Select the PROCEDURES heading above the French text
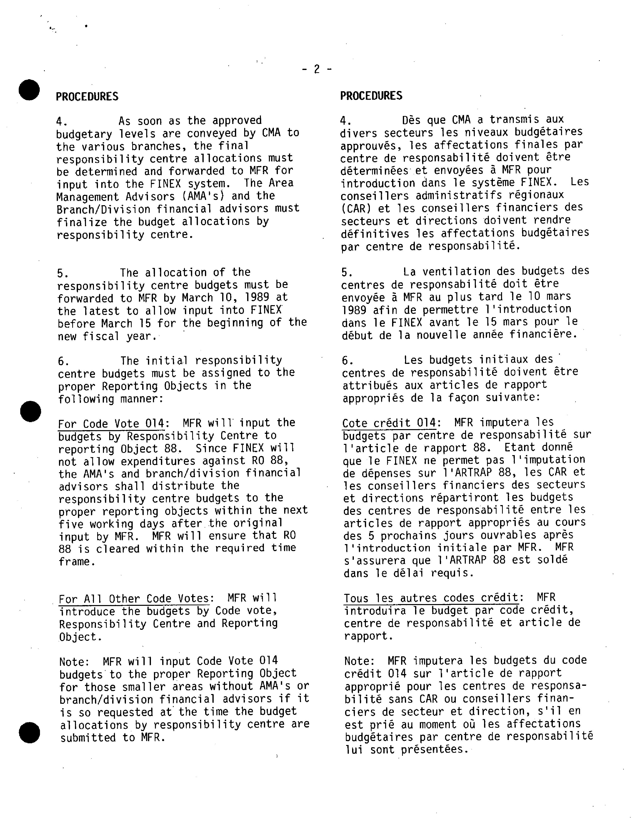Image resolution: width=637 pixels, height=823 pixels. (x=371, y=96)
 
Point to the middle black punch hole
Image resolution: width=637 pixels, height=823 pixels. (x=30, y=411)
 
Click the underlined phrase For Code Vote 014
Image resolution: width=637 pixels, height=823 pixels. (x=111, y=424)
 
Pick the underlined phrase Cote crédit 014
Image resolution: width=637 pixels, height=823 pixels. (x=389, y=423)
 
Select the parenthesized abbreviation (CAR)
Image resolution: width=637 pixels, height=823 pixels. (x=353, y=208)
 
